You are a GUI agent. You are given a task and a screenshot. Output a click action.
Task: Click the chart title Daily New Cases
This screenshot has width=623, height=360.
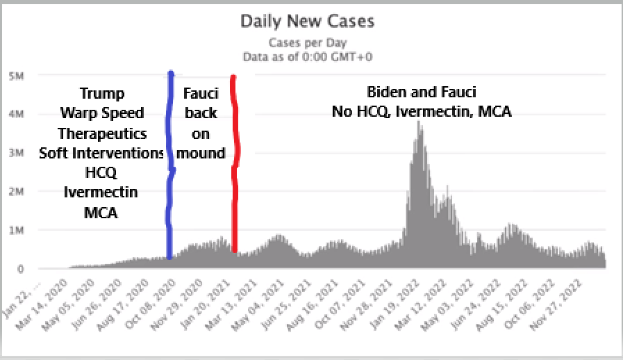(307, 21)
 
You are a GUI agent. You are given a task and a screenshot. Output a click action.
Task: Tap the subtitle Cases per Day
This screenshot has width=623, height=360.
(307, 43)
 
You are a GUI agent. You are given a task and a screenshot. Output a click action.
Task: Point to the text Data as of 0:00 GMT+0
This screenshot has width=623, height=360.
(307, 56)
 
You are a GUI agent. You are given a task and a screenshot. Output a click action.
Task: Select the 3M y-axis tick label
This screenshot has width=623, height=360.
(16, 152)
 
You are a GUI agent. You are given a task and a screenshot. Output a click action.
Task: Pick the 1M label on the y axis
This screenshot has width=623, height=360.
(16, 230)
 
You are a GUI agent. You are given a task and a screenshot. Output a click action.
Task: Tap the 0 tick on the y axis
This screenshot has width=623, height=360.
(20, 269)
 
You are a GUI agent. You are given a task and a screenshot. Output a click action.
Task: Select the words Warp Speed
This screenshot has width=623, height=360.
(102, 113)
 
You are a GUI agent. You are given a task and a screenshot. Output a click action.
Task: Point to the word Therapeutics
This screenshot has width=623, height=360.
(102, 133)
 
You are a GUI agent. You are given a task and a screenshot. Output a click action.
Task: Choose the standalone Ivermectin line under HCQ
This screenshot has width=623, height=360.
(100, 193)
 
